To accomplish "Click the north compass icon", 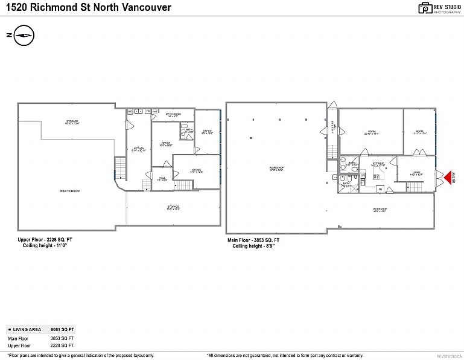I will pyautogui.click(x=23, y=36).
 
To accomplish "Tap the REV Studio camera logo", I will pyautogui.click(x=425, y=8).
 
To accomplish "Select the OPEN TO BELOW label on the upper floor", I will pyautogui.click(x=69, y=191).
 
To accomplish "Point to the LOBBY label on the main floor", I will pyautogui.click(x=416, y=173).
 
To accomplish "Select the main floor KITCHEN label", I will pyautogui.click(x=378, y=164).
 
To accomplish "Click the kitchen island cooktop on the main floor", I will pyautogui.click(x=376, y=176).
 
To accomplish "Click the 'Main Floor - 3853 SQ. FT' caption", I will pyautogui.click(x=253, y=240).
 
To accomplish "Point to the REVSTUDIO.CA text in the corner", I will pyautogui.click(x=448, y=356).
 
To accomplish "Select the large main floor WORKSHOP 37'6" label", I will pyautogui.click(x=276, y=169).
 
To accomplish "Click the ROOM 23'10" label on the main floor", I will pyautogui.click(x=370, y=132).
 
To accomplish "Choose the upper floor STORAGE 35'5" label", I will pyautogui.click(x=174, y=208).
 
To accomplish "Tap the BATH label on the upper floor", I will pyautogui.click(x=188, y=130).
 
